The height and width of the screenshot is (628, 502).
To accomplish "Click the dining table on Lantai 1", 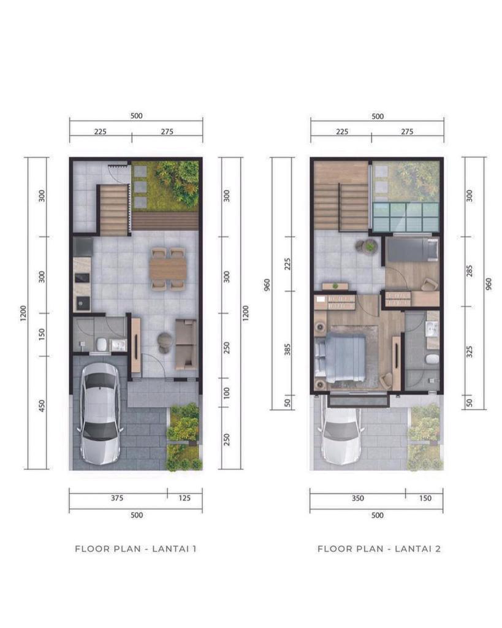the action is click(x=169, y=269).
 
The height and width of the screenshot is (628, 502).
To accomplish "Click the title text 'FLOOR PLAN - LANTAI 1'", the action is click(x=135, y=549).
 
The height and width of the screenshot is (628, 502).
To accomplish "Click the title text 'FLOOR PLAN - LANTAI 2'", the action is click(x=379, y=549).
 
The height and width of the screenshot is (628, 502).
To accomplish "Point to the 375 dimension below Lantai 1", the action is click(x=117, y=498).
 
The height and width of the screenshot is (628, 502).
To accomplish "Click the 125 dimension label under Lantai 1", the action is click(x=184, y=498).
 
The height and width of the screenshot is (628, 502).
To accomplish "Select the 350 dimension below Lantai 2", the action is click(x=358, y=498).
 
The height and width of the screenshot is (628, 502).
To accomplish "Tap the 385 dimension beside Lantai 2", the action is click(x=287, y=350).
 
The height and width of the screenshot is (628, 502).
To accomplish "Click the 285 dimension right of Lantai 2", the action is click(x=469, y=270).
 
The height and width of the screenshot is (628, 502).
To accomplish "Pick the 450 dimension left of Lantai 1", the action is click(x=42, y=406).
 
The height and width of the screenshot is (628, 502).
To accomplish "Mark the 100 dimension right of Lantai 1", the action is click(x=227, y=393).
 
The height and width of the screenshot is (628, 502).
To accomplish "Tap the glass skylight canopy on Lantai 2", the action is click(x=406, y=217).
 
